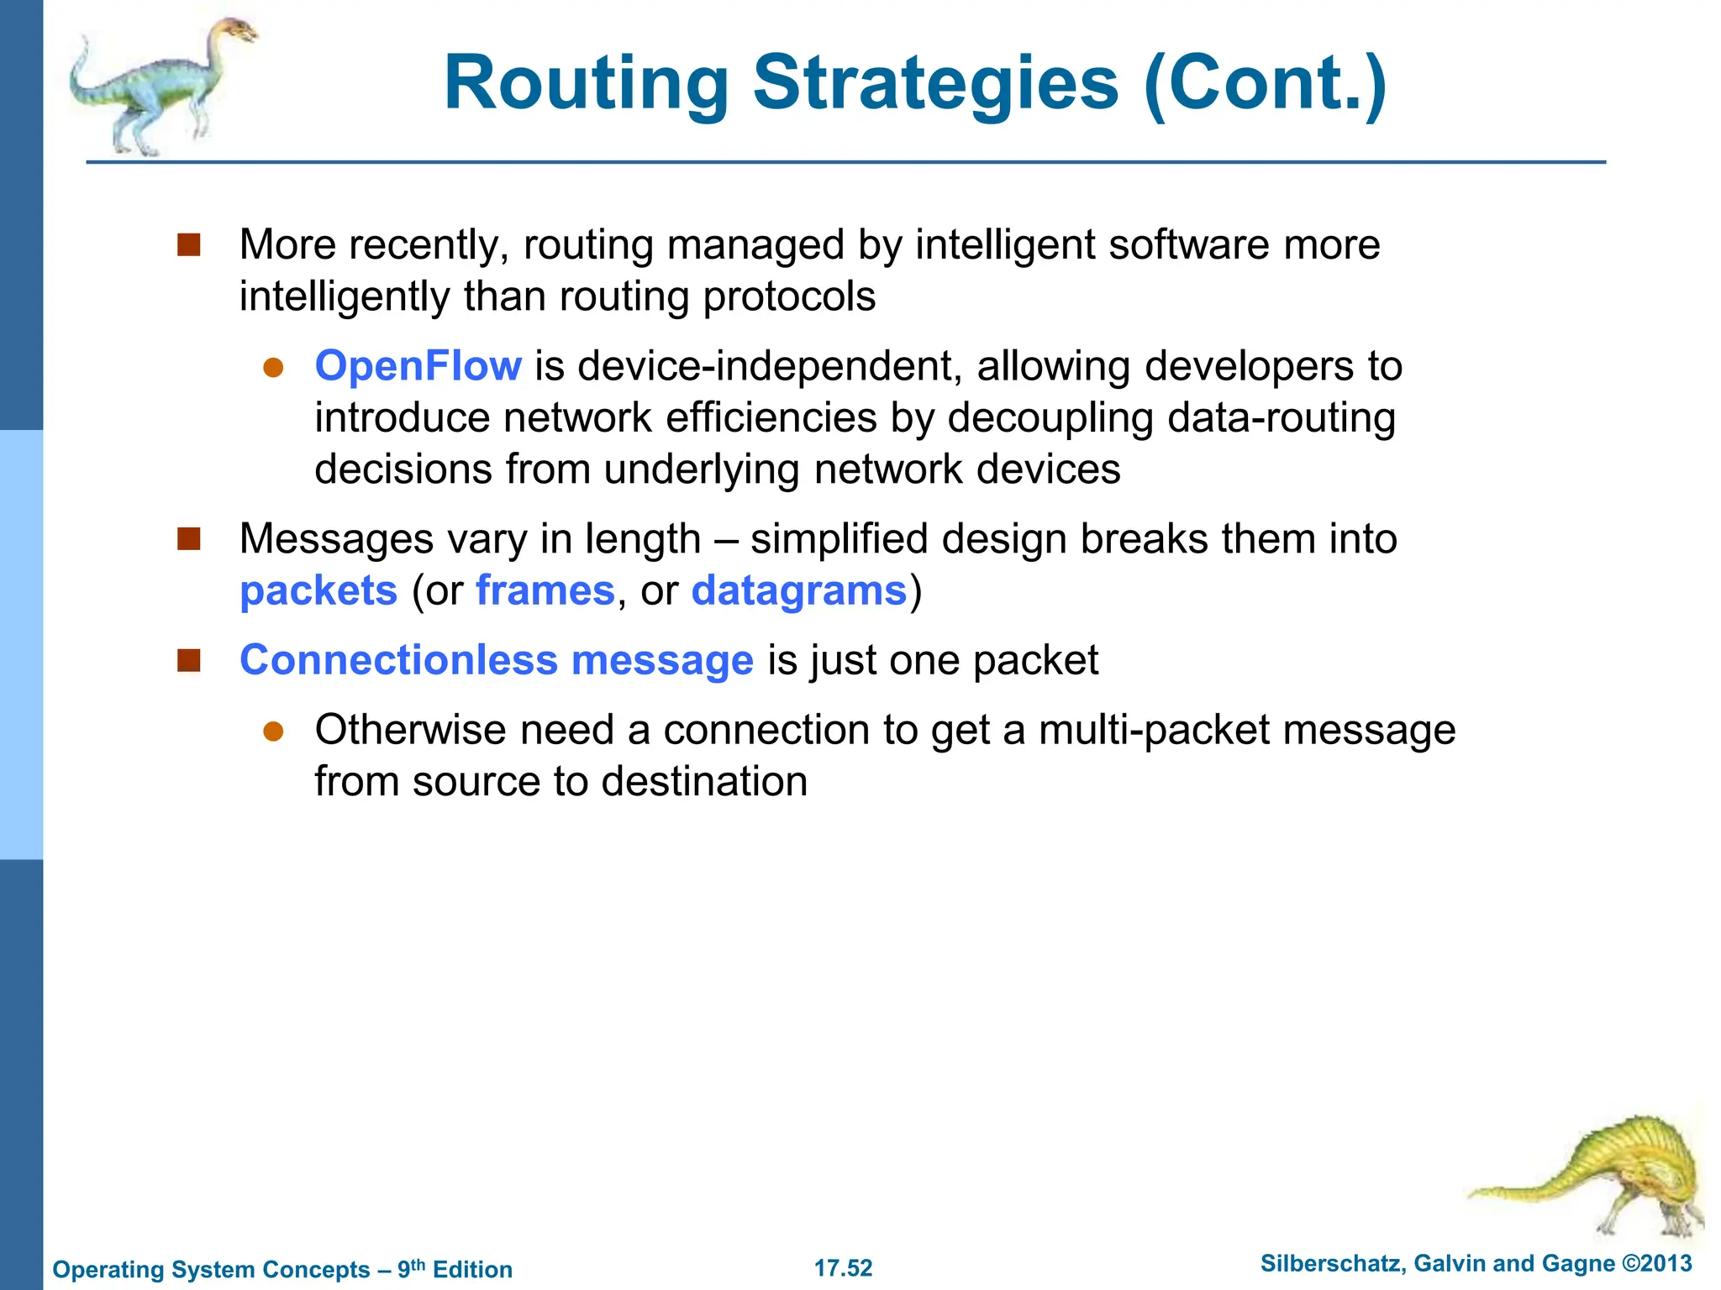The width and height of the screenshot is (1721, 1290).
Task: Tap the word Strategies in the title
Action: coord(935,84)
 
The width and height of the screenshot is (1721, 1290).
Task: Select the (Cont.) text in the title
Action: coord(1265,84)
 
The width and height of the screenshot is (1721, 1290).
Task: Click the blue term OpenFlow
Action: coord(418,366)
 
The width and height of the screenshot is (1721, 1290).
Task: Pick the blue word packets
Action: coord(318,590)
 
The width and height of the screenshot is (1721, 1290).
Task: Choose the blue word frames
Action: coord(545,590)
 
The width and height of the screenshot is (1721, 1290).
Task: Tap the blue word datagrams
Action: coord(799,590)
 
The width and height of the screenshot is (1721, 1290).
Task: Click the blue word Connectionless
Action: coord(398,660)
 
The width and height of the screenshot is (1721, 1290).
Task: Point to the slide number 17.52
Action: coord(843,1268)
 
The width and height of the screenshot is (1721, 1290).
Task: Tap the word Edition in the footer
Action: coord(472,1269)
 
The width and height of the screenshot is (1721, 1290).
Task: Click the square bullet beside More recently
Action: coord(189,245)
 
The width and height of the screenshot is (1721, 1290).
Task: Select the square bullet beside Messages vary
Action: coord(189,539)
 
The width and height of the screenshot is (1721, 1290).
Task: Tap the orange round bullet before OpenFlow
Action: coord(273,368)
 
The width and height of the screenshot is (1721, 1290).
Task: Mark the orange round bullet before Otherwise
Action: coord(273,731)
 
